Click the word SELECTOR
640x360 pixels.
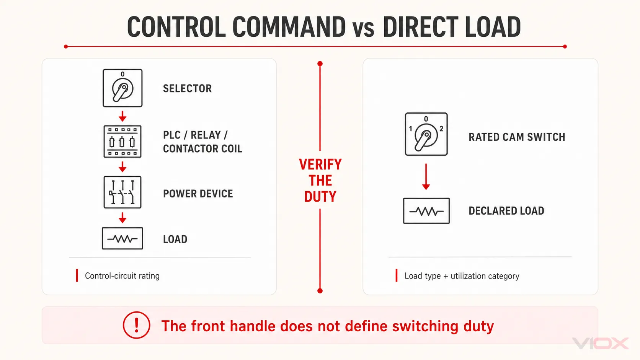188,88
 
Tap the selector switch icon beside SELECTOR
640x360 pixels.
122,88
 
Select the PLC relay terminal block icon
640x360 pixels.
122,141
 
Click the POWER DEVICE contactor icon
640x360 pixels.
122,192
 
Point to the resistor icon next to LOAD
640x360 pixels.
122,238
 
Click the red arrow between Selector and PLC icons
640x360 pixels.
122,116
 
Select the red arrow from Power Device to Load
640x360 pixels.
122,218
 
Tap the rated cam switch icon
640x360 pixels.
426,134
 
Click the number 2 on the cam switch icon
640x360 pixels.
441,129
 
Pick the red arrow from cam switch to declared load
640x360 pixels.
426,177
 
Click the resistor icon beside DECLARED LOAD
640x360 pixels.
426,211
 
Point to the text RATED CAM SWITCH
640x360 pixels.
517,137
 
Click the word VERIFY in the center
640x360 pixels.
320,165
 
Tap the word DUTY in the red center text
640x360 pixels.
320,197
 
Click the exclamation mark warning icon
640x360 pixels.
137,325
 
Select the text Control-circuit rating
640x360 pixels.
122,276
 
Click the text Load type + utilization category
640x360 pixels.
462,276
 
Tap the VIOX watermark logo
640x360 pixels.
601,344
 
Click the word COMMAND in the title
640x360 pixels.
289,27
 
